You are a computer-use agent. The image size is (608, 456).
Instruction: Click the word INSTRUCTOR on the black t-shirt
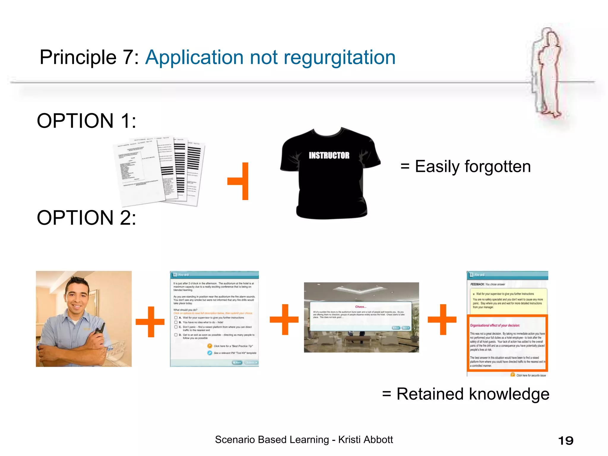click(329, 155)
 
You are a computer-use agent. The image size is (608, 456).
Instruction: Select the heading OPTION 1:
click(86, 121)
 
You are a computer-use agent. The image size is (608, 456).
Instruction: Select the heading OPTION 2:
click(86, 218)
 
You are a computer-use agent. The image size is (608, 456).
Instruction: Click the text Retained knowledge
click(473, 394)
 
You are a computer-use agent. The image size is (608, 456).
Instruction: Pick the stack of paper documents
click(159, 171)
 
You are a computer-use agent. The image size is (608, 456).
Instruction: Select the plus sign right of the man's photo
click(150, 322)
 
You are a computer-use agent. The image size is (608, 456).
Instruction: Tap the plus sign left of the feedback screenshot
click(442, 319)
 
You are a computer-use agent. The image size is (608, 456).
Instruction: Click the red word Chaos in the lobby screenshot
click(361, 307)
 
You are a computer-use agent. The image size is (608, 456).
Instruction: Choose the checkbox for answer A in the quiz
click(176, 318)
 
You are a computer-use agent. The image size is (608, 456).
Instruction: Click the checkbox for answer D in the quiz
click(176, 335)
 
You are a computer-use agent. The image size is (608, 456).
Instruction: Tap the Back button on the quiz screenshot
click(237, 362)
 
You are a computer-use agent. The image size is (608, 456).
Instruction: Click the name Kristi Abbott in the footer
click(365, 440)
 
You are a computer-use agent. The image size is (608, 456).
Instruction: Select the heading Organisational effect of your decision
click(495, 325)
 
